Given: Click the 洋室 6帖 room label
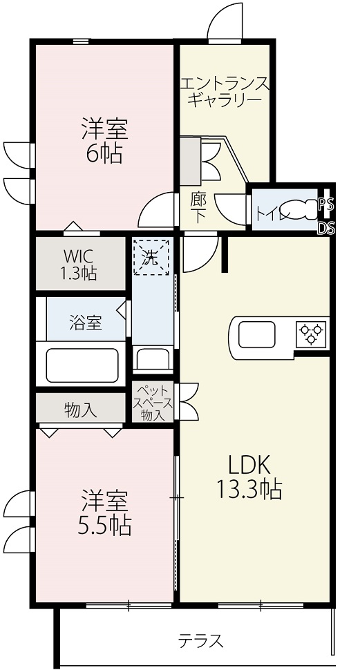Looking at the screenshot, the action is coord(105,141).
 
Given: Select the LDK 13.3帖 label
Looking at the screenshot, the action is coord(249,477).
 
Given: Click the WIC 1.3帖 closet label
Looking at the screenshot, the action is coord(80,264).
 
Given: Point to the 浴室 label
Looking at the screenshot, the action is coord(86,324).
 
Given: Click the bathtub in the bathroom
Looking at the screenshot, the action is coord(82,365).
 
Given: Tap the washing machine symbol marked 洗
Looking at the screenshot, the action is coord(151,258).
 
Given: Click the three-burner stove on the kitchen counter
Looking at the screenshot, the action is coord(312,333).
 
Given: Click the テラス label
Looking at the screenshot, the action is coord(200,641).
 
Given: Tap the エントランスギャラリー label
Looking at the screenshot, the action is coord(225,91).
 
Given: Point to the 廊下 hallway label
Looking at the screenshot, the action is coord(198,208).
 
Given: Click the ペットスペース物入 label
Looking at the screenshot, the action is coord(153,403).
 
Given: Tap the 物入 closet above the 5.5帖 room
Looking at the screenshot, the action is coord(81,410).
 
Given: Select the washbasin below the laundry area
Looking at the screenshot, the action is coord(153,358).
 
